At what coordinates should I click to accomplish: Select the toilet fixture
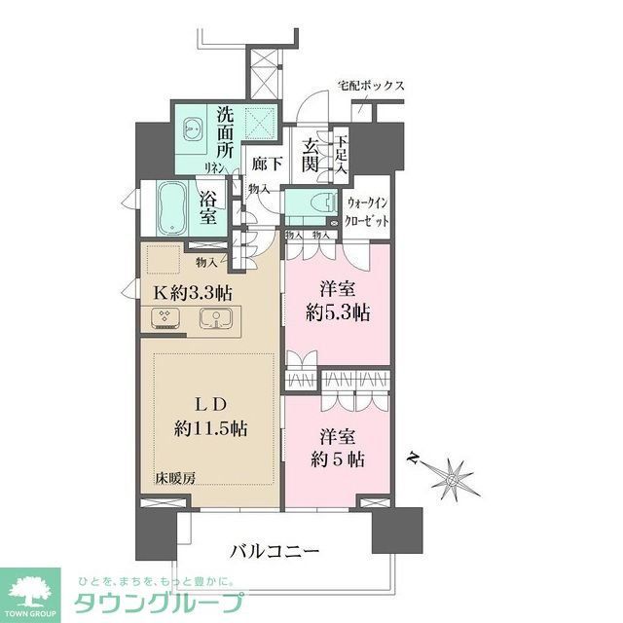click(x=316, y=203)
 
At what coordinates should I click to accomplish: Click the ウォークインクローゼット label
click(x=369, y=211)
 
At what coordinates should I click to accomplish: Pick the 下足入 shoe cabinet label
click(x=341, y=153)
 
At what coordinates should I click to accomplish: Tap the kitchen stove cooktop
click(x=164, y=317)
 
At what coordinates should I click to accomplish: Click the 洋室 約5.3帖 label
click(x=332, y=301)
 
